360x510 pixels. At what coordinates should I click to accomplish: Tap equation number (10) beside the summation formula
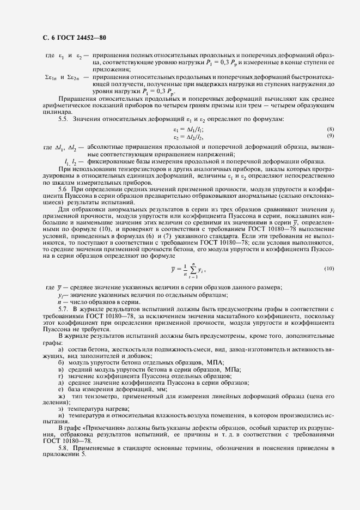(328, 269)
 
